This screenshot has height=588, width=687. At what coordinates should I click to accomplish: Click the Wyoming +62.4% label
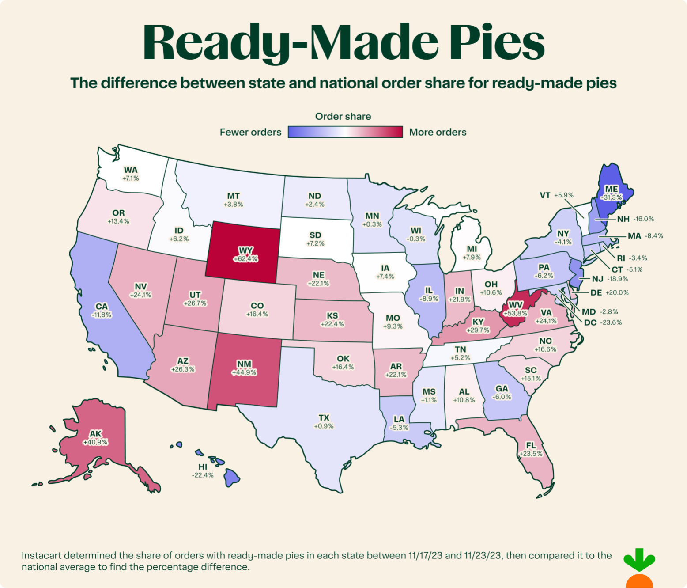coord(245,255)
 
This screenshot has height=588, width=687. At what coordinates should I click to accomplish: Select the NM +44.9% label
coord(244,368)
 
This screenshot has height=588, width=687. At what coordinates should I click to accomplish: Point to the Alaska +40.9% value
coord(95,442)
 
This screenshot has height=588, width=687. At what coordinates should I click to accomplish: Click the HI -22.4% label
coord(203,471)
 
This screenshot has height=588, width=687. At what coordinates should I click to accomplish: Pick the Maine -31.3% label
coord(612,193)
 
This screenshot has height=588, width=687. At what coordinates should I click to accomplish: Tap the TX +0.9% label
coord(324,422)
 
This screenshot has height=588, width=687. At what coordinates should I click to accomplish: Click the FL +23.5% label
coord(531,449)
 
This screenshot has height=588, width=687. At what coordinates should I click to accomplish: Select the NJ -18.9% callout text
coord(610,279)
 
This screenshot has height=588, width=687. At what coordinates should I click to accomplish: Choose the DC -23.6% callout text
coord(603,322)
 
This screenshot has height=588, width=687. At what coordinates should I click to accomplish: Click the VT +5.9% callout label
coord(556,195)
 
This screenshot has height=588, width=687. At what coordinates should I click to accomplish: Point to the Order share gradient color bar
coord(345,132)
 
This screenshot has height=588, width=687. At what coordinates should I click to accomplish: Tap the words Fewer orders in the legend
coord(250,132)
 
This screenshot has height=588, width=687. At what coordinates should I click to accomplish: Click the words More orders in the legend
coord(438,132)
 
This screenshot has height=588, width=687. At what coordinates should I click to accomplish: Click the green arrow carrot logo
coord(639,568)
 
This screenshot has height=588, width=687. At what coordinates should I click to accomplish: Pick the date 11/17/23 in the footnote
coord(425,555)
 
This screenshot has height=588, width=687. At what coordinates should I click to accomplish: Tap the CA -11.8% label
coord(102,310)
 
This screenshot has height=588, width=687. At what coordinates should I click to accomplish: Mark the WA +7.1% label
coord(131,174)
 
